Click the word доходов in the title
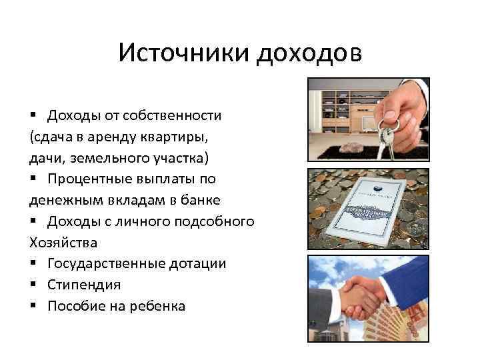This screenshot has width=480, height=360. (x=308, y=53)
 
